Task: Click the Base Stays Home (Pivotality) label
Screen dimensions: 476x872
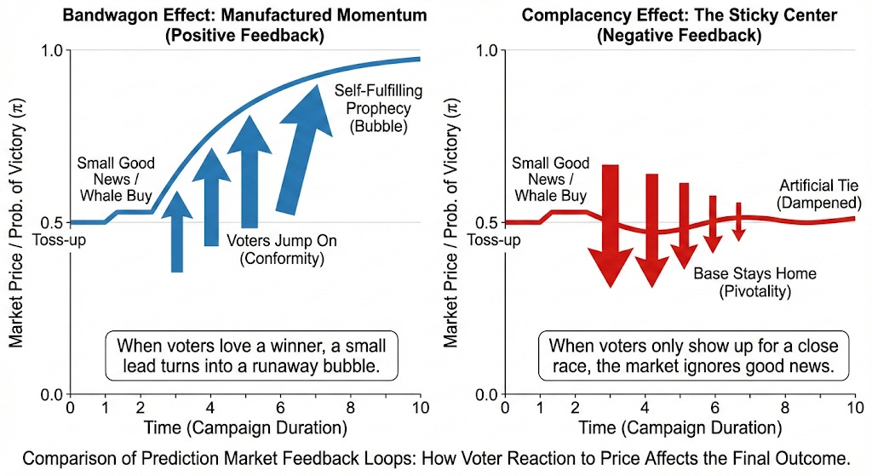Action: (754, 283)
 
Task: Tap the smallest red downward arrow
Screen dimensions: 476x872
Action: (738, 221)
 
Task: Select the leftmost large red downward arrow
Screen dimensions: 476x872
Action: (610, 226)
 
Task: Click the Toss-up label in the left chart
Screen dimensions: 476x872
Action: (59, 239)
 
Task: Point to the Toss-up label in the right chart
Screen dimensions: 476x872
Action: (495, 239)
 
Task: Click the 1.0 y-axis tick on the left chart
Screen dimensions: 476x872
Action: (53, 50)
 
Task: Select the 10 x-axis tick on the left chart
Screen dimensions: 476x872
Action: (420, 408)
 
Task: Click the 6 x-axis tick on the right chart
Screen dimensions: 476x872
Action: (714, 408)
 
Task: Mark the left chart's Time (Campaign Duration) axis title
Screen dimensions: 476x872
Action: (244, 427)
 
